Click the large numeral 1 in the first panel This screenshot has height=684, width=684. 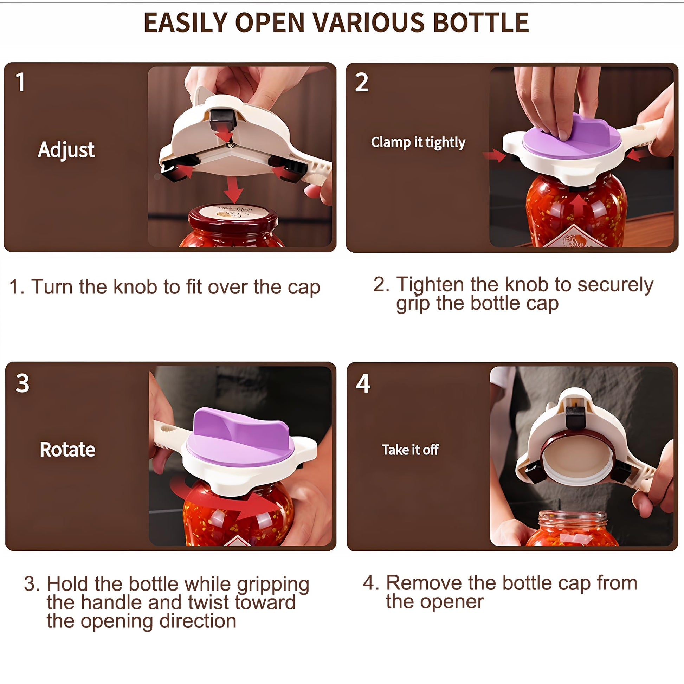(x=20, y=82)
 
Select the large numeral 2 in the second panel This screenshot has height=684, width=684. (x=361, y=82)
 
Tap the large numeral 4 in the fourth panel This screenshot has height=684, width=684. (x=363, y=383)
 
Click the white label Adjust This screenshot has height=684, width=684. (x=66, y=150)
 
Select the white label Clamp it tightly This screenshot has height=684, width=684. (x=418, y=142)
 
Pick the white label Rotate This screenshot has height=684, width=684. (x=67, y=450)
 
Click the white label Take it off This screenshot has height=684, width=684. (x=410, y=450)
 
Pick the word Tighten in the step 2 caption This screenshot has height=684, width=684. (x=430, y=284)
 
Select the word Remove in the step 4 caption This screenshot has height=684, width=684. (x=422, y=583)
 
